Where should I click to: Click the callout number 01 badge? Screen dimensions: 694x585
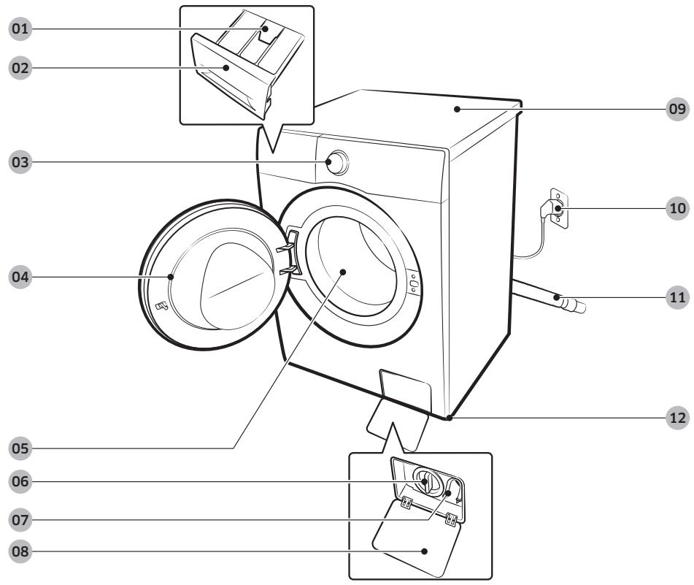(x=20, y=29)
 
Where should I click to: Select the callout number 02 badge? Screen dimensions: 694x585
(x=20, y=68)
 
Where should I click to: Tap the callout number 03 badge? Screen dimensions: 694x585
(x=20, y=162)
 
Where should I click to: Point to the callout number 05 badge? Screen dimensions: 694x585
(x=20, y=448)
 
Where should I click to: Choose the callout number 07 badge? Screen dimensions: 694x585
(x=20, y=519)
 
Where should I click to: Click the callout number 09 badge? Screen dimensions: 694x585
(x=677, y=109)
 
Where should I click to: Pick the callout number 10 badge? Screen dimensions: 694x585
(x=677, y=208)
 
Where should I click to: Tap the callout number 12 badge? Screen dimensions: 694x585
(x=677, y=418)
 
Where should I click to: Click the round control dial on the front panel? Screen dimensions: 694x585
(x=337, y=163)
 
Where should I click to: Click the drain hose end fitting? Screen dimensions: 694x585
(x=573, y=305)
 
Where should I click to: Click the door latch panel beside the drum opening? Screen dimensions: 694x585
(x=413, y=283)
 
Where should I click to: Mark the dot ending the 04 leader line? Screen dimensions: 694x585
(x=171, y=277)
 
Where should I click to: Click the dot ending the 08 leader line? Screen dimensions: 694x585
(x=425, y=551)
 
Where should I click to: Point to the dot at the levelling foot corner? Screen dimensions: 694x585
(x=450, y=418)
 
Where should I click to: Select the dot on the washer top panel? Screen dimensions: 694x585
(x=457, y=109)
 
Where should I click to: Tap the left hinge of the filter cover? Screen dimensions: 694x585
(x=406, y=502)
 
